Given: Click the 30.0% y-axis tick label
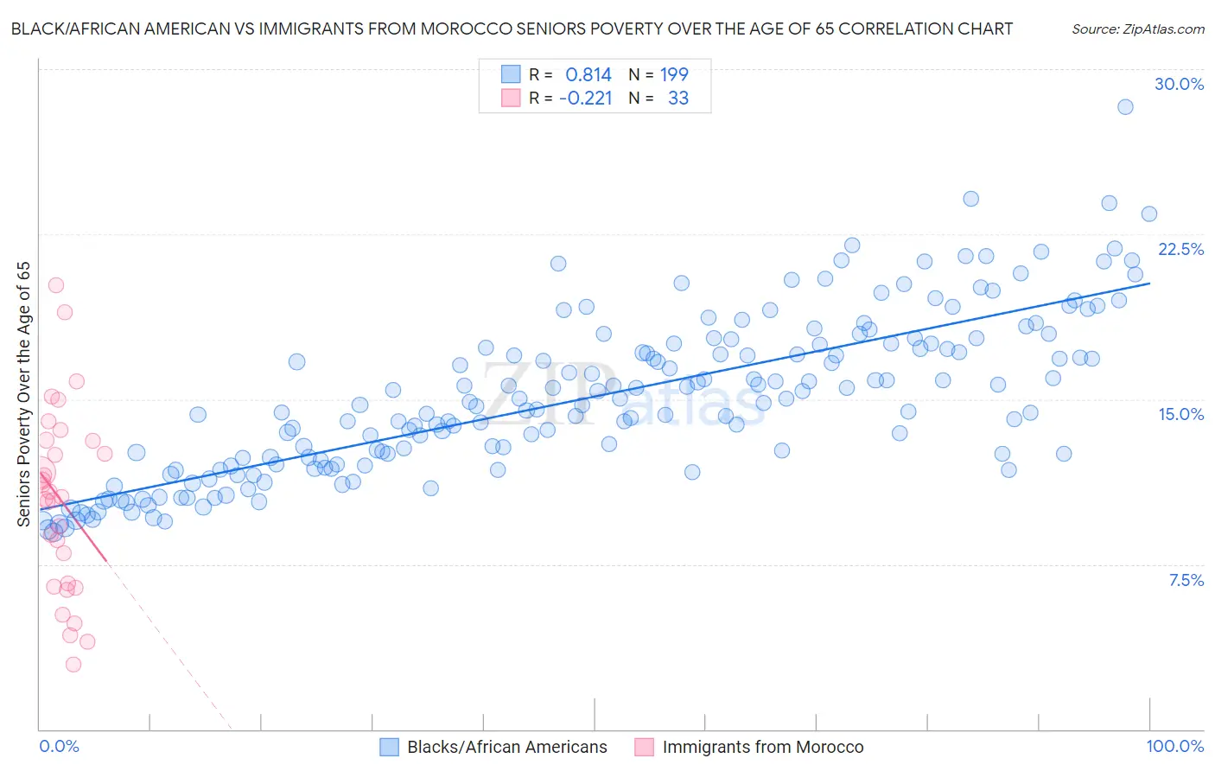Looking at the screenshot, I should pyautogui.click(x=1179, y=84).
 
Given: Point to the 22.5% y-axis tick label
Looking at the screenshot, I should pyautogui.click(x=1180, y=249).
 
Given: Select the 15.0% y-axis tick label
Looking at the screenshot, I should pyautogui.click(x=1180, y=414).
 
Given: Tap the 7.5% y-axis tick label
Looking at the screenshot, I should pyautogui.click(x=1186, y=580).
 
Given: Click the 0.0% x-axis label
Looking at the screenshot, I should pyautogui.click(x=59, y=746).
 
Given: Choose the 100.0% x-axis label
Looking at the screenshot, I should pyautogui.click(x=1174, y=746).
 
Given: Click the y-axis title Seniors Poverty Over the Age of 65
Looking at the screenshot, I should pyautogui.click(x=23, y=393).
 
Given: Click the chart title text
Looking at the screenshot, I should pyautogui.click(x=512, y=29).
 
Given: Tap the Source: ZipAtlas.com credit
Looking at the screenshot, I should pyautogui.click(x=1137, y=29).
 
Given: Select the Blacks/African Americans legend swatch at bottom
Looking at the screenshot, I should pyautogui.click(x=390, y=747).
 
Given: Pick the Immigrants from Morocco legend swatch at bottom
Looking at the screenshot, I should pyautogui.click(x=645, y=747).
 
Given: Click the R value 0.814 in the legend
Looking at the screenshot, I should pyautogui.click(x=588, y=74).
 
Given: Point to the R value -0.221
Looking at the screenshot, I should pyautogui.click(x=585, y=98).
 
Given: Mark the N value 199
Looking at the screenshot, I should pyautogui.click(x=674, y=74).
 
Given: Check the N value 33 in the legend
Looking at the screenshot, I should pyautogui.click(x=678, y=98).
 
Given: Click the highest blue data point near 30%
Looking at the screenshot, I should pyautogui.click(x=1125, y=107).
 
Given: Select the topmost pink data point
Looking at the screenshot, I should pyautogui.click(x=56, y=285).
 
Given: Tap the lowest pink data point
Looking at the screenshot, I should pyautogui.click(x=73, y=664).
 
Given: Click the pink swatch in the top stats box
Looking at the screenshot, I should pyautogui.click(x=511, y=98).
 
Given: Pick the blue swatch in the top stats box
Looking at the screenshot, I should pyautogui.click(x=511, y=74).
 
